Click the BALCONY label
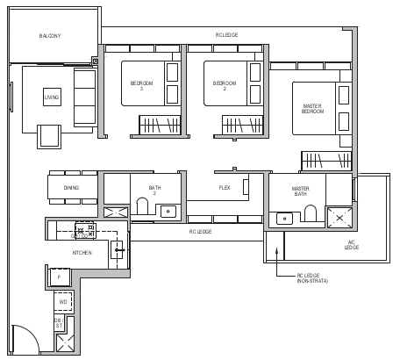click(x=49, y=36)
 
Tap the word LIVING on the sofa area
click(x=53, y=97)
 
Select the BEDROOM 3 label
click(x=141, y=84)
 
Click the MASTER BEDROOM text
click(x=312, y=109)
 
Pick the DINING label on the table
click(x=71, y=188)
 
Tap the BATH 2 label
click(x=154, y=190)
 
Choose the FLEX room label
click(x=225, y=188)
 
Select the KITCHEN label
click(x=82, y=253)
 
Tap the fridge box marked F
click(x=59, y=277)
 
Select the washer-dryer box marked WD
click(x=63, y=302)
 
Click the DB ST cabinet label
click(x=58, y=325)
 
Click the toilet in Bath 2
click(x=143, y=208)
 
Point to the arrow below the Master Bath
click(x=277, y=252)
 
